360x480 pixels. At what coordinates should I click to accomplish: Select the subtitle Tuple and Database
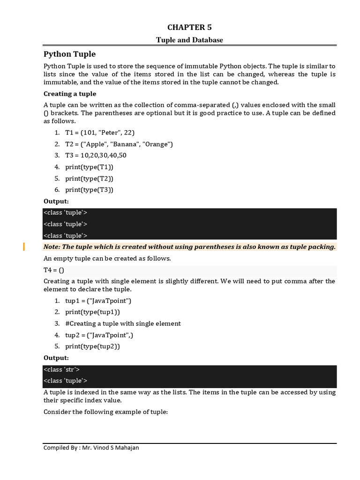(x=190, y=40)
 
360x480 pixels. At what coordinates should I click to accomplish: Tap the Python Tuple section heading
(x=69, y=54)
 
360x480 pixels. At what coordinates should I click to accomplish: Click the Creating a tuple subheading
(x=70, y=94)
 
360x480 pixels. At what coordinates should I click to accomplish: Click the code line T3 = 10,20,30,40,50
(x=96, y=155)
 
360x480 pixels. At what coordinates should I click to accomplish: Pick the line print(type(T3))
(x=89, y=189)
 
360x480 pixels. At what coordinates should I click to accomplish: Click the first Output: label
(x=56, y=201)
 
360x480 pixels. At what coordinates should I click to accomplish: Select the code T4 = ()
(x=53, y=270)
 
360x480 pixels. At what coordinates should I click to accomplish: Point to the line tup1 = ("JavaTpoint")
(x=98, y=300)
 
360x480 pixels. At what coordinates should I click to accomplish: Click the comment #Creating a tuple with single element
(x=123, y=323)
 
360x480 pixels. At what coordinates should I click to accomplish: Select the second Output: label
(x=56, y=358)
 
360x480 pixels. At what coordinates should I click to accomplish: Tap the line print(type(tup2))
(x=92, y=346)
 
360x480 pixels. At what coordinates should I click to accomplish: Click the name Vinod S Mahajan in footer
(x=118, y=448)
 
